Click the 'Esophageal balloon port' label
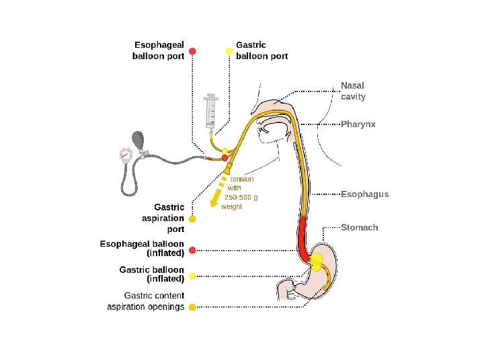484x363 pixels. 159,50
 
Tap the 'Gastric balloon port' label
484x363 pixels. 261,50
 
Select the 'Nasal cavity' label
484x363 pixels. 353,91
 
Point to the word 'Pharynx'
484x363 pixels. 358,124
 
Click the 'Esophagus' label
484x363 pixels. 364,194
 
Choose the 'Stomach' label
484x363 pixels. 360,227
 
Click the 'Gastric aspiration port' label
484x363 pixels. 163,218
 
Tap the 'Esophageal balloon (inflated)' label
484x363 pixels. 142,248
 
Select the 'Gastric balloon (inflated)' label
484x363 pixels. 151,274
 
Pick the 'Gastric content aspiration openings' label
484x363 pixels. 146,301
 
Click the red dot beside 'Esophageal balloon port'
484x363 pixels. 192,51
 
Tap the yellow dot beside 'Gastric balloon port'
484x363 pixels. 229,51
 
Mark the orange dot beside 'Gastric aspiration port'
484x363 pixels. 192,219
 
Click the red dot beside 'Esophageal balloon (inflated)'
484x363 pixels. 192,250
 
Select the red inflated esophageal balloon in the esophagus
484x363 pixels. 303,239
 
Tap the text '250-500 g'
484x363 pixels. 241,198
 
